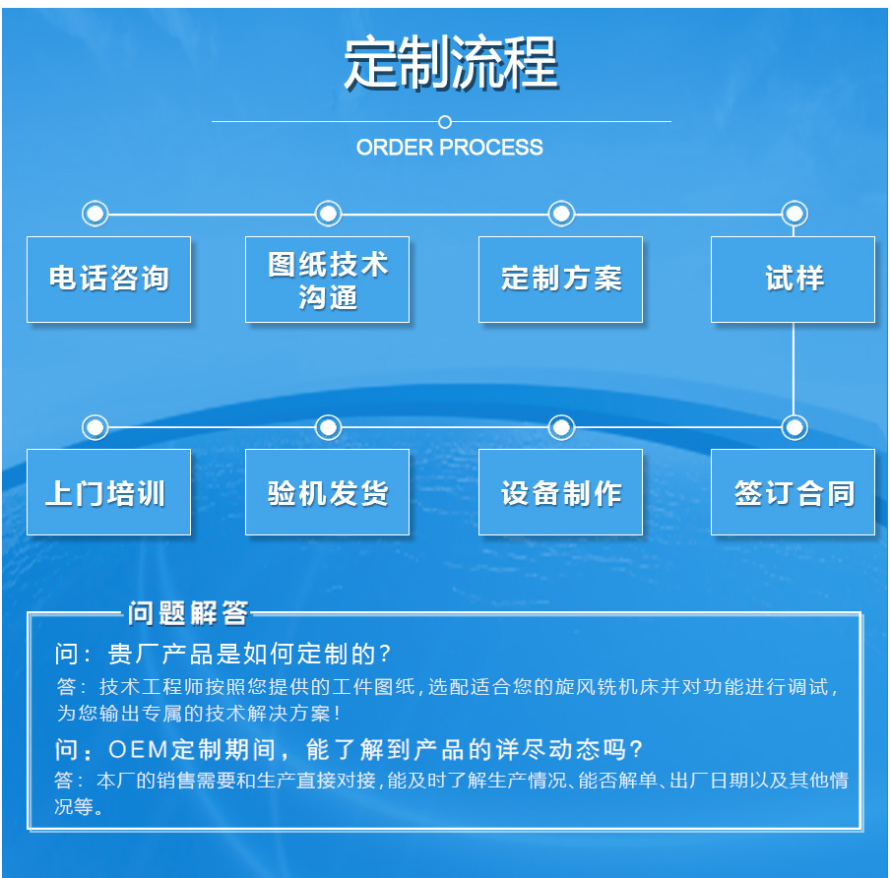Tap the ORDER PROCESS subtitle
tap(450, 148)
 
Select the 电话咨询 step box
tap(109, 280)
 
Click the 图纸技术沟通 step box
tap(327, 280)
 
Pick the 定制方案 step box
tap(561, 280)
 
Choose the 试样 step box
tap(793, 280)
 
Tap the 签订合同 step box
tap(793, 492)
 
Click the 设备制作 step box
tap(561, 492)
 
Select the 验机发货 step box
tap(327, 492)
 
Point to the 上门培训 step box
tap(109, 492)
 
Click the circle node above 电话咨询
tap(95, 214)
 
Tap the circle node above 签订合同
tap(795, 427)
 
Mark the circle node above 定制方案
tap(561, 214)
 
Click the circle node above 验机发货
tap(328, 427)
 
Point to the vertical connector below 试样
tap(793, 369)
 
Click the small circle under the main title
tap(445, 122)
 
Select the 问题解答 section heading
tap(188, 613)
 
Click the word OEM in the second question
tap(139, 750)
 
